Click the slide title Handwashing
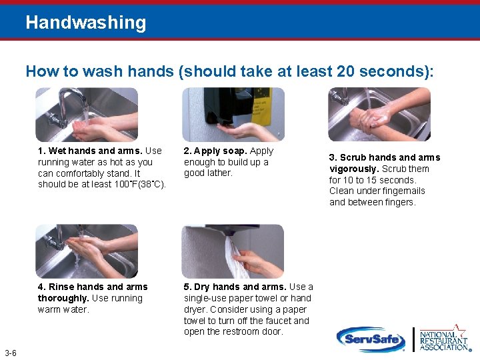click(x=85, y=23)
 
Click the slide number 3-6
click(x=11, y=353)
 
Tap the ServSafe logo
click(x=371, y=339)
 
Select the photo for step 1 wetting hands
click(x=87, y=114)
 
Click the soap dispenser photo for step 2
click(x=233, y=114)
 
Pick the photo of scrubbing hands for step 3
click(x=379, y=114)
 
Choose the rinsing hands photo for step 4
click(x=87, y=251)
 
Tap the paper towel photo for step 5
click(x=233, y=251)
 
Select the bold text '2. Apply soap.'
click(x=215, y=151)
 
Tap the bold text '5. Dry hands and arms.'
click(x=235, y=287)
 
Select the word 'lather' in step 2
click(x=219, y=173)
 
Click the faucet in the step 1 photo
click(x=69, y=100)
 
